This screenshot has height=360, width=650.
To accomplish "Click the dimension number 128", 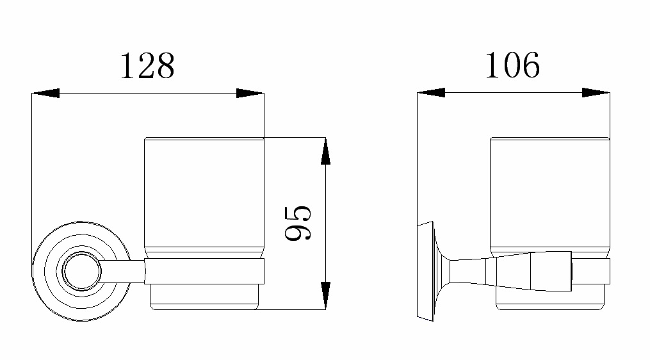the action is pyautogui.click(x=147, y=65).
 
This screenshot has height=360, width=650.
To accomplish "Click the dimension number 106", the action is pyautogui.click(x=512, y=65).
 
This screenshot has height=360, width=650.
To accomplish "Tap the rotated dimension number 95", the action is pyautogui.click(x=298, y=223).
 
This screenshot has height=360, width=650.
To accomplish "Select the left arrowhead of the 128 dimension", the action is pyautogui.click(x=45, y=94).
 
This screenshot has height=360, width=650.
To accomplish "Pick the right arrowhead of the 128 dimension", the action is pyautogui.click(x=250, y=94).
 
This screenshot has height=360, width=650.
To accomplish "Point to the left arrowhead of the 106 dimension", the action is pyautogui.click(x=431, y=93).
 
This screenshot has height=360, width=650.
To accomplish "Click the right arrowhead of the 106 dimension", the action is pyautogui.click(x=596, y=93).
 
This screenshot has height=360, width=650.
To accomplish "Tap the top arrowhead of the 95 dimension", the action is pyautogui.click(x=326, y=151).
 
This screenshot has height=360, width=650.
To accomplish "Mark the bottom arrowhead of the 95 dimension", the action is pyautogui.click(x=326, y=295).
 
